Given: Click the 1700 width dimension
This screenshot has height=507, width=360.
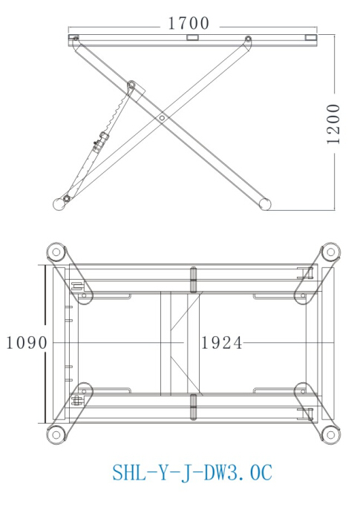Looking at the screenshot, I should click(189, 24).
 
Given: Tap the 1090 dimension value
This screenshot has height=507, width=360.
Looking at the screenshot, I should click(26, 343).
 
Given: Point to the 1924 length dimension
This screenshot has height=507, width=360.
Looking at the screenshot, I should click(222, 343).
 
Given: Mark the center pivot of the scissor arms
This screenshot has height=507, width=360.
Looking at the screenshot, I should click(162, 117).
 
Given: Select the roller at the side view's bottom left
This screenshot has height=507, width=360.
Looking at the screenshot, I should click(59, 203).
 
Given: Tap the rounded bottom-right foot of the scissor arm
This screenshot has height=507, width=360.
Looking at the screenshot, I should click(263, 201).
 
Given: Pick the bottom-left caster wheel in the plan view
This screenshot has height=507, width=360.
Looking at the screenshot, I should click(54, 433).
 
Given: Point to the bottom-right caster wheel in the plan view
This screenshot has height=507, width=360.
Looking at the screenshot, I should click(329, 433).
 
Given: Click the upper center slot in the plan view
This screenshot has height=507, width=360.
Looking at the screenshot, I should click(193, 281).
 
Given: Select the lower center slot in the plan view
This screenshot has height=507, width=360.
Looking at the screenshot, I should click(193, 407).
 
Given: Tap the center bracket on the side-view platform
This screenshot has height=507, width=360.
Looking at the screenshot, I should click(192, 36).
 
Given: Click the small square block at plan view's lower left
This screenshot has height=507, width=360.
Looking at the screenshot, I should click(76, 401).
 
